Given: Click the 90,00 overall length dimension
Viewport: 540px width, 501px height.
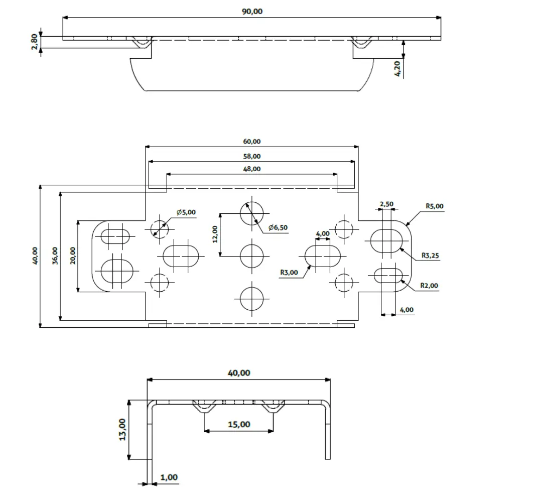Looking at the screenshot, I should (252, 12).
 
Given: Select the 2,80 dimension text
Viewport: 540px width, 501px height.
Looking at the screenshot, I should (35, 42).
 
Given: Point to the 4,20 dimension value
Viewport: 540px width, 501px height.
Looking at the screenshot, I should (397, 68).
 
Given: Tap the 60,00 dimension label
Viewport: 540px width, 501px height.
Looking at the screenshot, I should (252, 142).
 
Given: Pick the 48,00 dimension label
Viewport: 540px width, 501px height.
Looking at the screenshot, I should (252, 169).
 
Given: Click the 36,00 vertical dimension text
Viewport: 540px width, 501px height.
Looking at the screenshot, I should (55, 256).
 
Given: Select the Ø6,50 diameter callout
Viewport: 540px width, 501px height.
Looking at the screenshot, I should (278, 227).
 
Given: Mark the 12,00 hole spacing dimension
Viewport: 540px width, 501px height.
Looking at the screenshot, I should (214, 234).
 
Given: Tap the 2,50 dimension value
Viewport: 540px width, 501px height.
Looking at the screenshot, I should (386, 204).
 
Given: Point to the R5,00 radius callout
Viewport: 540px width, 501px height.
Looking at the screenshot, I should (434, 206).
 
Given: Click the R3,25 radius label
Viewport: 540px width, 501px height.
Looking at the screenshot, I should (430, 256).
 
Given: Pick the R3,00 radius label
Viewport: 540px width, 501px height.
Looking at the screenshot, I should (289, 273).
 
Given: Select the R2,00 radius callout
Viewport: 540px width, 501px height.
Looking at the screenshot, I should (429, 286).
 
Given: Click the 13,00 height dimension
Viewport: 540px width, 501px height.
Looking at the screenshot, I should (122, 429).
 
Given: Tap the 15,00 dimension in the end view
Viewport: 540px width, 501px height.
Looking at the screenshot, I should (239, 424).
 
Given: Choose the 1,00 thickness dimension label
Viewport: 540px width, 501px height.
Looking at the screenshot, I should (169, 477).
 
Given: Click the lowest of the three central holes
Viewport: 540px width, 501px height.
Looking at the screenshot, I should (252, 299).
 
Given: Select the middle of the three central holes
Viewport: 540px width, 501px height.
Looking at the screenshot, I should (252, 256).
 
